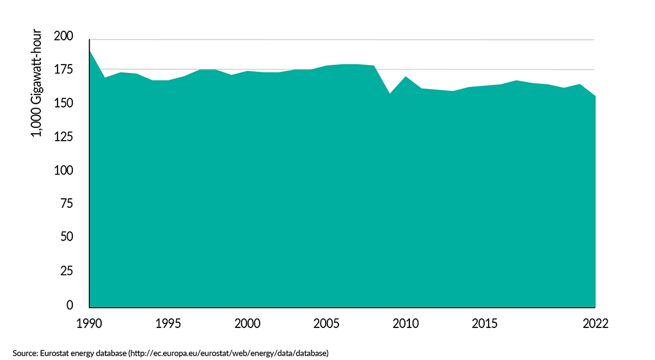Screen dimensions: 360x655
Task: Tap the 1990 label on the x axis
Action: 90,324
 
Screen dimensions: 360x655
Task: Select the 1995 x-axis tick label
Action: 168,324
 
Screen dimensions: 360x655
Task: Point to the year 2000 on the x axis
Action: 247,324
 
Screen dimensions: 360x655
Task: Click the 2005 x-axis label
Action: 326,324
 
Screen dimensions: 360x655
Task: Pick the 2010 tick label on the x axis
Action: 405,324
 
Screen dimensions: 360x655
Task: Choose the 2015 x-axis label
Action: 484,324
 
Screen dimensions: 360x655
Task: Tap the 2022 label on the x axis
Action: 594,324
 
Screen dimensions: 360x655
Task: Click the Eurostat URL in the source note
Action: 229,352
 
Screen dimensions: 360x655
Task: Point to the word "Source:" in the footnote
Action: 24,352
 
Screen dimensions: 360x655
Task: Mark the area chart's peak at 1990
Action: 90,51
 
